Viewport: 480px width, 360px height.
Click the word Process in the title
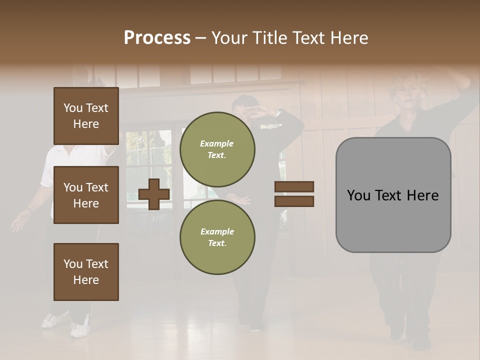pyautogui.click(x=157, y=38)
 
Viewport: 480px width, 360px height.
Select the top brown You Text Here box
pyautogui.click(x=86, y=116)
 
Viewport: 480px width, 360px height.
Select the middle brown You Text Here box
pyautogui.click(x=86, y=195)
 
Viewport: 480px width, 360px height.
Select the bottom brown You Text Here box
pyautogui.click(x=86, y=271)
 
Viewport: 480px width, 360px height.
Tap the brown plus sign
pyautogui.click(x=154, y=194)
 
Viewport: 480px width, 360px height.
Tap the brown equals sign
pyautogui.click(x=294, y=194)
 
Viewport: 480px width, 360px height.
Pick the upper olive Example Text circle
pyautogui.click(x=217, y=149)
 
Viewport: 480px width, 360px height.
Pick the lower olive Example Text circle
pyautogui.click(x=217, y=237)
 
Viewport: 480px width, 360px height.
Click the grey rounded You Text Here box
pyautogui.click(x=393, y=195)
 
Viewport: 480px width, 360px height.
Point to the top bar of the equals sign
pyautogui.click(x=294, y=186)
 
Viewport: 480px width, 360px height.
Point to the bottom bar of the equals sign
pyautogui.click(x=294, y=201)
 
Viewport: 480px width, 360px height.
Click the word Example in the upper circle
pyautogui.click(x=217, y=143)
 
